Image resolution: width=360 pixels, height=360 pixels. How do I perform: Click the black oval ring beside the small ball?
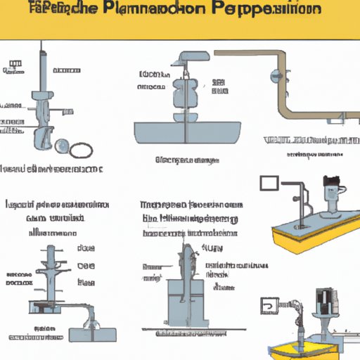[82, 149]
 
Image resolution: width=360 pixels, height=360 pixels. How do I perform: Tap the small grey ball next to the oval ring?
[62, 146]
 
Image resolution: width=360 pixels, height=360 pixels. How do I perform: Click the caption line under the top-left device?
[53, 169]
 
